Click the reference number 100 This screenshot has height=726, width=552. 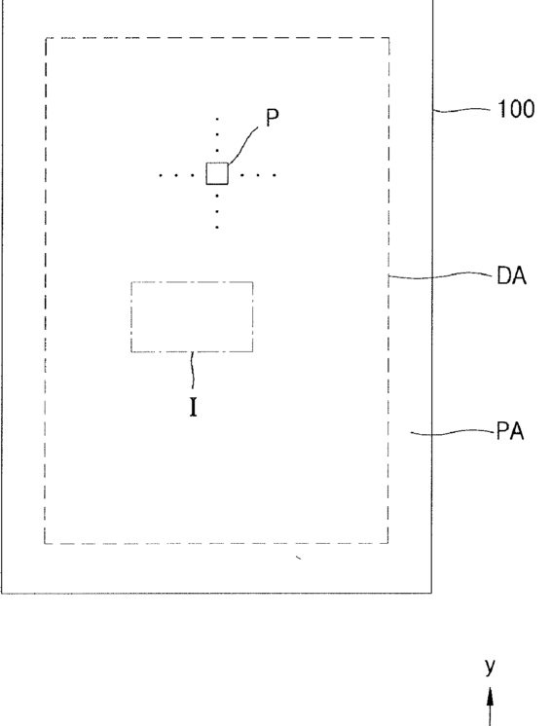tap(516, 109)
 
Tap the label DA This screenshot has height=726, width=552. tap(512, 276)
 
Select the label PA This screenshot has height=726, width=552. tap(510, 431)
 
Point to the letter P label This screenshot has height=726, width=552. tap(273, 118)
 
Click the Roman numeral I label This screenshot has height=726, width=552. tap(194, 408)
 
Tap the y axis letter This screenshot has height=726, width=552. tap(490, 667)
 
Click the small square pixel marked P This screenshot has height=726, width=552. tap(217, 173)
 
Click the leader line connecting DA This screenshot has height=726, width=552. tap(440, 276)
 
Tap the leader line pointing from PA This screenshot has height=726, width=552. tap(453, 433)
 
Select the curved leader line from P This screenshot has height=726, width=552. tap(244, 143)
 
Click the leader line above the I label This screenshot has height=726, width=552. tap(193, 371)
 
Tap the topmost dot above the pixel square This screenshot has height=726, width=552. tap(217, 119)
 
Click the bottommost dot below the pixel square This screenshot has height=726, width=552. tap(217, 228)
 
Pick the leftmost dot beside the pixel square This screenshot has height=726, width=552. tap(161, 175)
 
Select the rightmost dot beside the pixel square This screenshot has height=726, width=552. tap(275, 175)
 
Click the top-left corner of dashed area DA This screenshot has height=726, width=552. tap(46, 38)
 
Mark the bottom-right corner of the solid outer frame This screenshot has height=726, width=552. tap(432, 593)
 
